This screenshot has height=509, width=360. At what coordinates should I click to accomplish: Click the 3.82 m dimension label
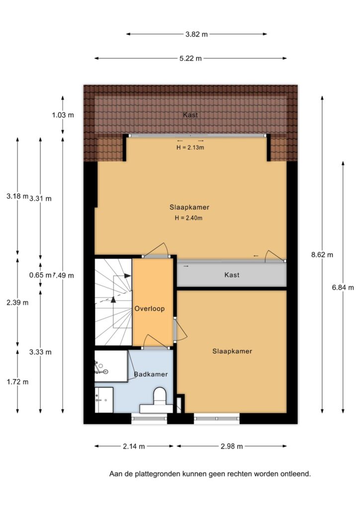tap(196, 34)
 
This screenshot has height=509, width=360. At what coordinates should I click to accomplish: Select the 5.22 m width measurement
tap(190, 59)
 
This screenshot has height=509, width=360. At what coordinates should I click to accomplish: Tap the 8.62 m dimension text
tap(322, 255)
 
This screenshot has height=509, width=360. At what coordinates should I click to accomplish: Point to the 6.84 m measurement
tap(343, 287)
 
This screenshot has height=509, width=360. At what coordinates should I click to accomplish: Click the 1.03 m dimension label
tap(63, 115)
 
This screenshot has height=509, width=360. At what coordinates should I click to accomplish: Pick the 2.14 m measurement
tap(134, 446)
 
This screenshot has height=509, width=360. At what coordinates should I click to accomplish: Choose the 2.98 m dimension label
tap(232, 446)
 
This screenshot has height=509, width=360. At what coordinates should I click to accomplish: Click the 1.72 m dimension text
tap(17, 382)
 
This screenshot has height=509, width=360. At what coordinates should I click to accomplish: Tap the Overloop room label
tap(150, 309)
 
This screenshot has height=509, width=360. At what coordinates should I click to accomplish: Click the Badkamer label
tap(151, 374)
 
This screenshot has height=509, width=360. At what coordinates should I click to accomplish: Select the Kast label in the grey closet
tap(232, 275)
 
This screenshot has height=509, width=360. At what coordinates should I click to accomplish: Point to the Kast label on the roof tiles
tap(190, 115)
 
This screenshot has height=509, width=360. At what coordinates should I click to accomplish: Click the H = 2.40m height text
tap(188, 218)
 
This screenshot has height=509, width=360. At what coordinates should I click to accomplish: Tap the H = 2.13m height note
tap(190, 147)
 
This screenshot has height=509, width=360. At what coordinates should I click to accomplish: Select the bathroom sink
tap(104, 400)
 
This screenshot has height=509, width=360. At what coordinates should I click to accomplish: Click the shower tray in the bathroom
tap(111, 366)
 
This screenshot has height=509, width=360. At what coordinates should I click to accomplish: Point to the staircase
tap(113, 302)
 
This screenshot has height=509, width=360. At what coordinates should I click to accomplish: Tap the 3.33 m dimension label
tap(40, 352)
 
